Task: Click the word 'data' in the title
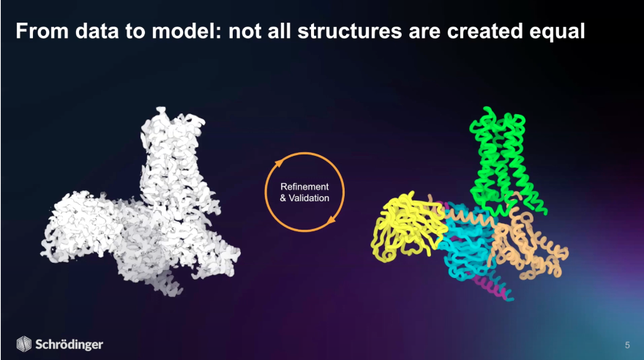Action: point(97,31)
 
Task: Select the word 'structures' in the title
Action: point(350,31)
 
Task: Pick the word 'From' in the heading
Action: point(42,31)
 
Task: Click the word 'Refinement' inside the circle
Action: point(304,187)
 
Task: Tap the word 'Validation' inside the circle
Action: point(309,198)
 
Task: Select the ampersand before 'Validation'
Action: point(283,198)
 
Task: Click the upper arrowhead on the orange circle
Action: point(278,163)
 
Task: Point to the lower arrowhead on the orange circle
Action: point(331,221)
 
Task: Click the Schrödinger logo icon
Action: point(24,344)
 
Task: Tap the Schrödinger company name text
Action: point(69,345)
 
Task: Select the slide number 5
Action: point(627,345)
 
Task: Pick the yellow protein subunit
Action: point(407,226)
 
